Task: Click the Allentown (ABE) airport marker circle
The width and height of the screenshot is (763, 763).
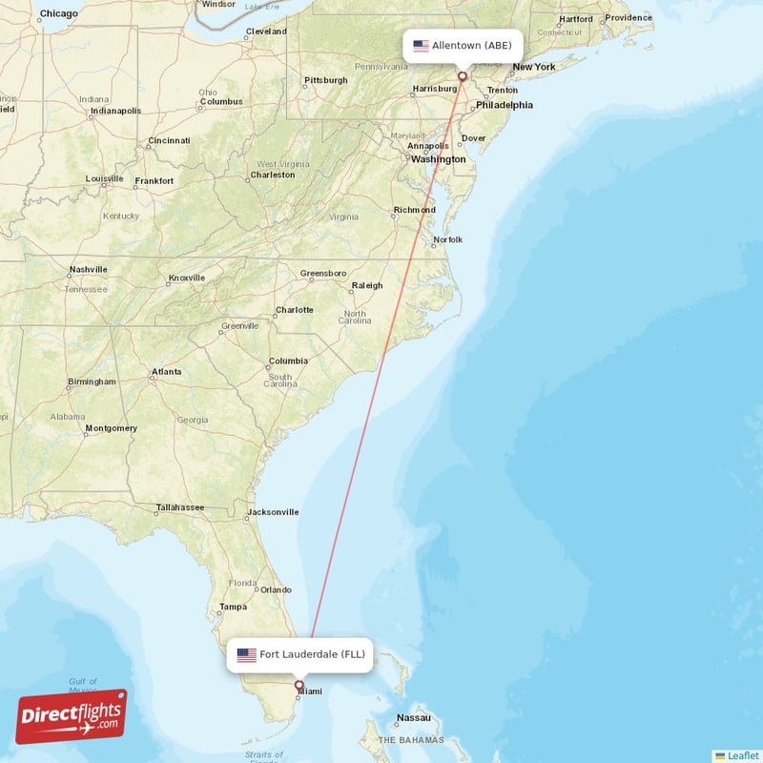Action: pyautogui.click(x=463, y=76)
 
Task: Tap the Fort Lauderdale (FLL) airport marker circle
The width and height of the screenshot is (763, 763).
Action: pyautogui.click(x=299, y=685)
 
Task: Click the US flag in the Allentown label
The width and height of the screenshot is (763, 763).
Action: pyautogui.click(x=421, y=46)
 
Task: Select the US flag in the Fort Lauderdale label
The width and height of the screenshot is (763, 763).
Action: pyautogui.click(x=247, y=655)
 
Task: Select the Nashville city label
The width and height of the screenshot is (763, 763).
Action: pyautogui.click(x=88, y=270)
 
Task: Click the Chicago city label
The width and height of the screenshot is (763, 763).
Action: pyautogui.click(x=59, y=14)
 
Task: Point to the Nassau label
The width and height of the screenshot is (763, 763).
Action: pyautogui.click(x=414, y=717)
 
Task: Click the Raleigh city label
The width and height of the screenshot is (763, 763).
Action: pyautogui.click(x=366, y=285)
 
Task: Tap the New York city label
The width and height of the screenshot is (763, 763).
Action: pyautogui.click(x=533, y=67)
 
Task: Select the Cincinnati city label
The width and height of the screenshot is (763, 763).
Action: pyautogui.click(x=169, y=141)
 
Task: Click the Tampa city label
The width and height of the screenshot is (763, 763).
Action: pyautogui.click(x=233, y=607)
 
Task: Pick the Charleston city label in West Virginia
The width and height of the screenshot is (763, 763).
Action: pyautogui.click(x=272, y=175)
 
